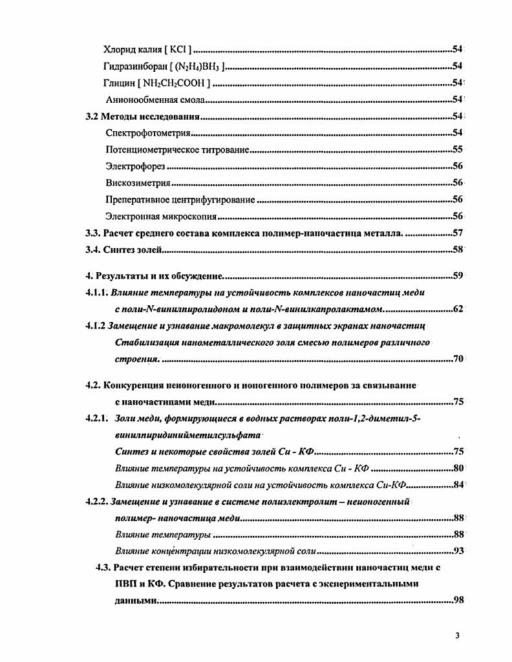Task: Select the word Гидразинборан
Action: (x=133, y=66)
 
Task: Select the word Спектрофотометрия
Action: (x=147, y=133)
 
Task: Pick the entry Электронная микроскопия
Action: (x=161, y=217)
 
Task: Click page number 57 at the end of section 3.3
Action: (x=457, y=233)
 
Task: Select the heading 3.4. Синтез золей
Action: (x=127, y=250)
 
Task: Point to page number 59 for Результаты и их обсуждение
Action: (x=457, y=277)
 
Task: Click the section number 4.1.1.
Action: (x=96, y=292)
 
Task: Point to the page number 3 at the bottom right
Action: (x=457, y=635)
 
